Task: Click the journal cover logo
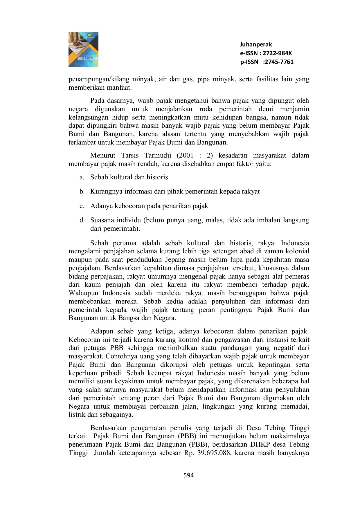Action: click(x=83, y=49)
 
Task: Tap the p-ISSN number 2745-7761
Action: click(x=278, y=62)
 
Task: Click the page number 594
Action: click(x=189, y=475)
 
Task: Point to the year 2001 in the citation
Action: click(x=185, y=156)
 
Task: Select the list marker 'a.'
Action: click(x=82, y=177)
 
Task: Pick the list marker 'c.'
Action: click(x=82, y=206)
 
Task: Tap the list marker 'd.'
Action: click(x=82, y=220)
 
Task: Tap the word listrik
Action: click(x=77, y=415)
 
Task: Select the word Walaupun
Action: click(x=83, y=293)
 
